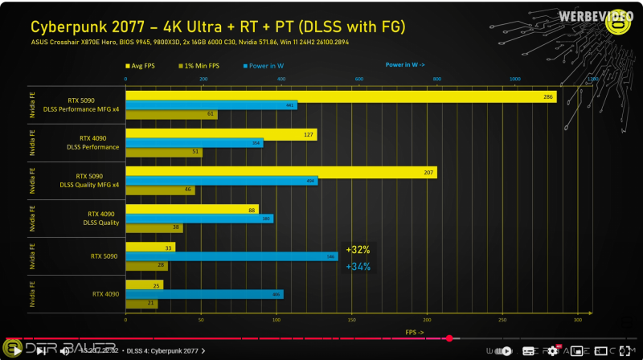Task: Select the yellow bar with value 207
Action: tap(281, 172)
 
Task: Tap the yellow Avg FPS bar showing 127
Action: tap(221, 134)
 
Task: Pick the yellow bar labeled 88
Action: tap(192, 209)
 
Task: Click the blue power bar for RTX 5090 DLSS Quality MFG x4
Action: tap(222, 181)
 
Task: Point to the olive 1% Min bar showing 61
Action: tap(171, 114)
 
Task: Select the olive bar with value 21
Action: tap(141, 303)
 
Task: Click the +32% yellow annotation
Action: tap(358, 249)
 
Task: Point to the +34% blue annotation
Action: tap(358, 266)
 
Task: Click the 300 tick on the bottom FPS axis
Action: tap(576, 320)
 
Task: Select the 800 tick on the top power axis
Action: tap(436, 80)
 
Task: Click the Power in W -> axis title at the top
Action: tap(410, 64)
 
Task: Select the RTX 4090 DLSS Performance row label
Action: tap(94, 142)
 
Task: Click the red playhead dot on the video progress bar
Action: tap(449, 338)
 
